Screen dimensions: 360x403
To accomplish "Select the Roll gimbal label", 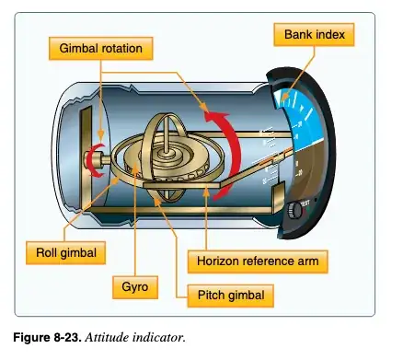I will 57,251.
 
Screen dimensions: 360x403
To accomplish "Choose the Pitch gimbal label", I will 229,295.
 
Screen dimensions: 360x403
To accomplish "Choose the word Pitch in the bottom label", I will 210,295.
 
